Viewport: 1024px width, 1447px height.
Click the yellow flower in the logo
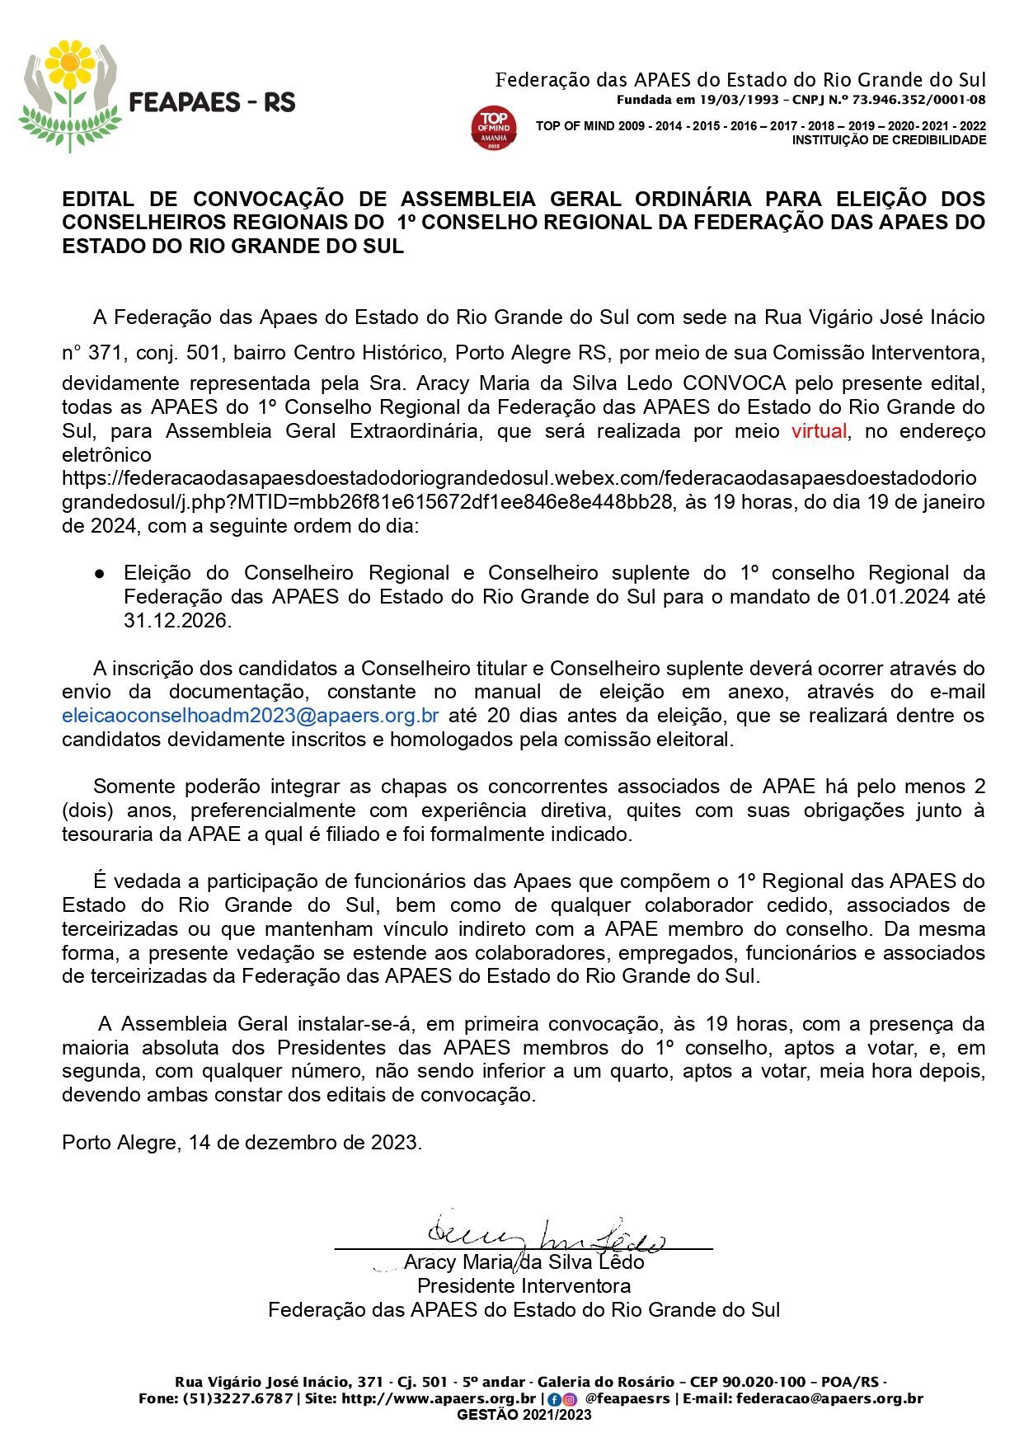coord(70,63)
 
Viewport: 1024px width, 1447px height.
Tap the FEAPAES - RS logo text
coord(213,102)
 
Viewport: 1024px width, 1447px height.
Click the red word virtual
coord(819,431)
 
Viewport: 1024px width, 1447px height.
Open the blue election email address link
coord(250,716)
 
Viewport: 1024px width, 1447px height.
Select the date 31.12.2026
coord(176,621)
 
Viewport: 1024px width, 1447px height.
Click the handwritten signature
coord(544,1234)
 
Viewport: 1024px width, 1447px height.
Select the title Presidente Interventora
coord(524,1285)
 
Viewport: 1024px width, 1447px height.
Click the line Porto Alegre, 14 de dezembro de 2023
coord(242,1143)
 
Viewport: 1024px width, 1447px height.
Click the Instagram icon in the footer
coord(569,1399)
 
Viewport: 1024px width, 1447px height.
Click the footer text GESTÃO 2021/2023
coord(524,1415)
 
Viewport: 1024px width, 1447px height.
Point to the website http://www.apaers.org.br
coord(438,1398)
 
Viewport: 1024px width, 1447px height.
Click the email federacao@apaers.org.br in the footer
coord(829,1398)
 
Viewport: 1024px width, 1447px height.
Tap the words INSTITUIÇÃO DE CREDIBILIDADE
coord(889,140)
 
